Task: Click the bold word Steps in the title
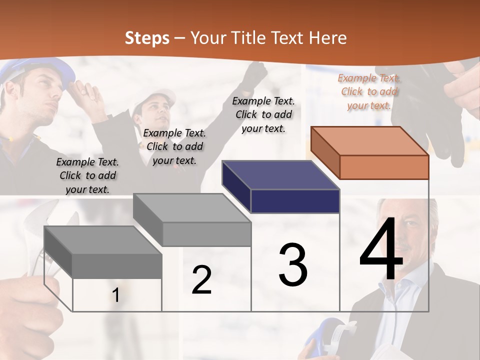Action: point(146,38)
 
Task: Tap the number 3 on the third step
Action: point(293,265)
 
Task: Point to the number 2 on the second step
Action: point(201,280)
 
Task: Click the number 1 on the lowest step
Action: point(115,295)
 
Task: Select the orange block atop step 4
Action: point(370,152)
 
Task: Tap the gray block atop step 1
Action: point(103,251)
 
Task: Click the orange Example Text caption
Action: point(369,91)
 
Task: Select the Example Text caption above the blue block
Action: point(263,114)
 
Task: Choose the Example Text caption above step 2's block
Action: point(174,146)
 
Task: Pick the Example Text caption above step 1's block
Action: point(87,175)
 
